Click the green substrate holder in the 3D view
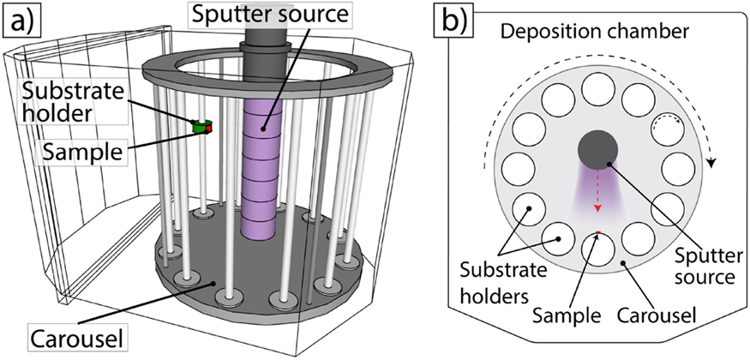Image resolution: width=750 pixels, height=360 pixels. tap(201, 127)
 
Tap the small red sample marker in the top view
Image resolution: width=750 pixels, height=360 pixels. tap(597, 232)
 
